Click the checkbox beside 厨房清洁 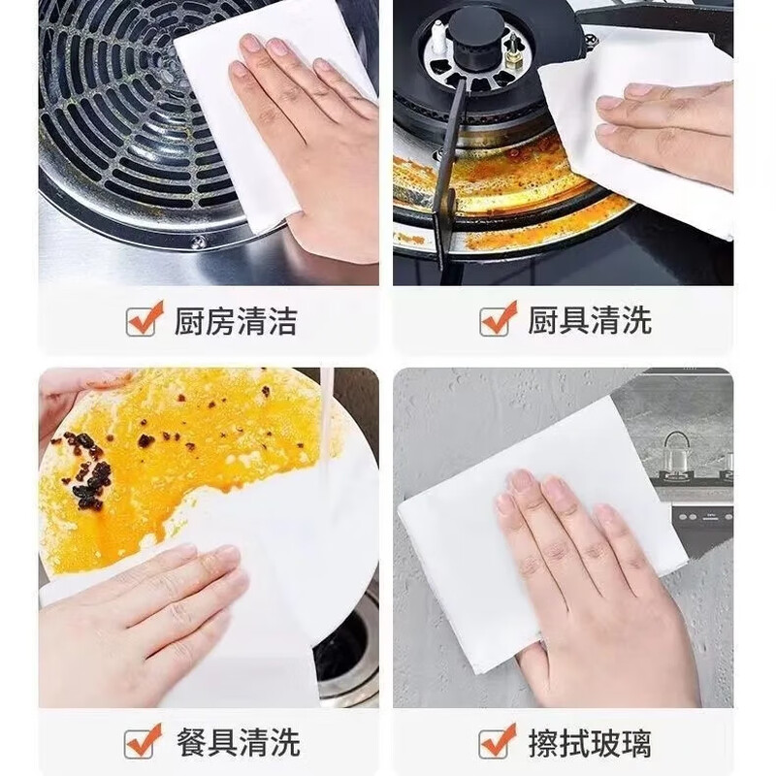[x=143, y=320]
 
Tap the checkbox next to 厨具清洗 [x=497, y=320]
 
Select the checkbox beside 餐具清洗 [x=143, y=742]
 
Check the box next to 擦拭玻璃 [x=497, y=742]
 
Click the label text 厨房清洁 [x=235, y=320]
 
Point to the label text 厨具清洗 [x=589, y=320]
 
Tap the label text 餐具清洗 [x=235, y=742]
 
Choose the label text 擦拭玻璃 [x=589, y=742]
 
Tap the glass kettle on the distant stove [x=676, y=451]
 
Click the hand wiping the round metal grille [x=310, y=145]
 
